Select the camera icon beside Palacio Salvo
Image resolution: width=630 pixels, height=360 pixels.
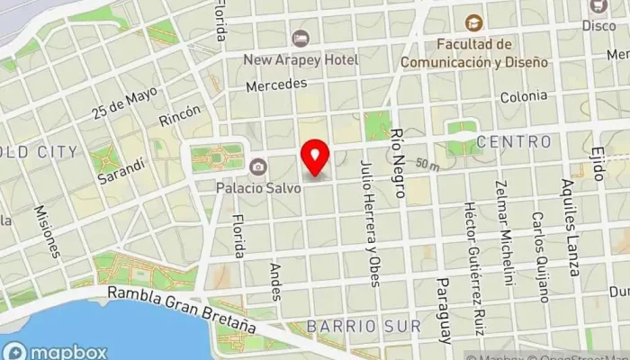[258, 166]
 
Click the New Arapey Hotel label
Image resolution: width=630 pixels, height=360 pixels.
[301, 59]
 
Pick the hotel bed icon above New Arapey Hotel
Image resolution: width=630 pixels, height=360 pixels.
[300, 38]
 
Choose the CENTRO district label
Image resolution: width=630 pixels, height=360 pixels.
[514, 141]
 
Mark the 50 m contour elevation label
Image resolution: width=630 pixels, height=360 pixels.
[428, 165]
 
